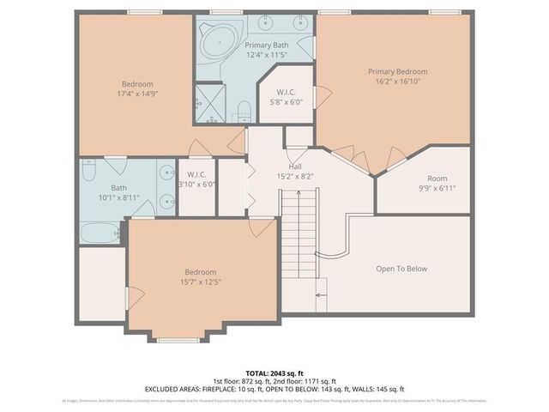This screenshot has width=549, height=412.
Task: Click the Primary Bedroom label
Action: pyautogui.click(x=397, y=71)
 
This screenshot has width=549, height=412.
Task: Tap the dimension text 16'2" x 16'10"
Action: pyautogui.click(x=397, y=82)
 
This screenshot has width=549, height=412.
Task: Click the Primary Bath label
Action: pyautogui.click(x=267, y=45)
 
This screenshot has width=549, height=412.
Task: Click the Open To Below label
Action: pyautogui.click(x=401, y=269)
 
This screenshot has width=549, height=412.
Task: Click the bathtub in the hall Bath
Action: pyautogui.click(x=100, y=233)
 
